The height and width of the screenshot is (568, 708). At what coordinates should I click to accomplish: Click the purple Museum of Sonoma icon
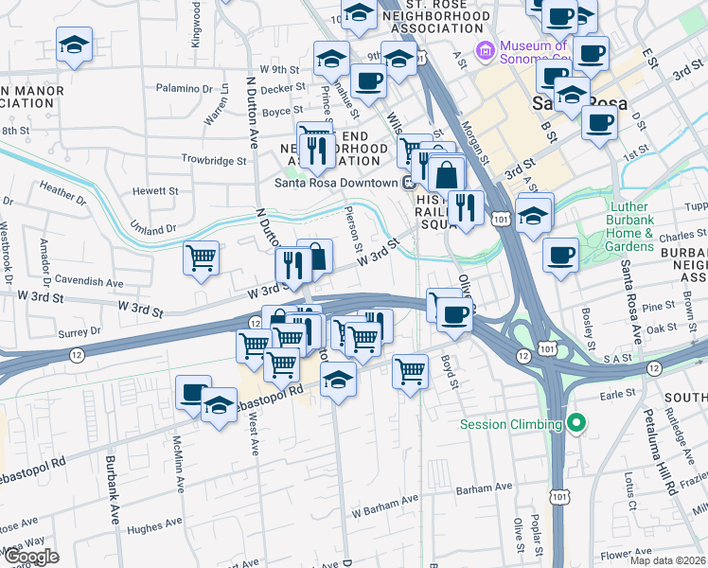[x=486, y=48]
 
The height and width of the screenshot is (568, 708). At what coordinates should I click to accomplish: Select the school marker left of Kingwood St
[x=74, y=45]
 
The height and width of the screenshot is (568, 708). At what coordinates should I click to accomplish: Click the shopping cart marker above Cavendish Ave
[x=201, y=258]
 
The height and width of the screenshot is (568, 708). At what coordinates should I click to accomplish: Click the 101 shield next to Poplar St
[x=558, y=495]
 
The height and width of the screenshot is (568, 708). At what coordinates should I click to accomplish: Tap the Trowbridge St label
[x=214, y=161]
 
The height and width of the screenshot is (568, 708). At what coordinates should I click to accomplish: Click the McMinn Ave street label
[x=177, y=464]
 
